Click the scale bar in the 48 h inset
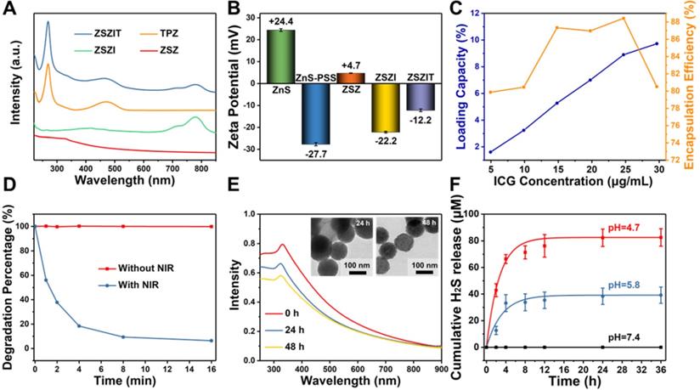point(425,274)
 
